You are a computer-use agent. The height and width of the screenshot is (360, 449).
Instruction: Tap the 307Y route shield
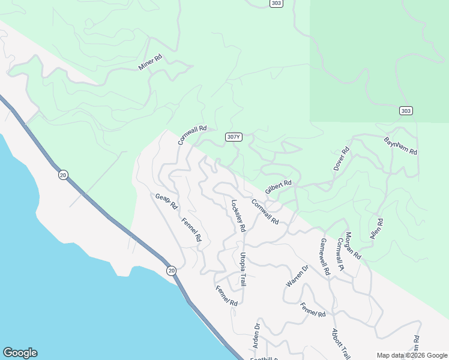234,137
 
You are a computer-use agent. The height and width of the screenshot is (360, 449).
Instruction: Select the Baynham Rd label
400,146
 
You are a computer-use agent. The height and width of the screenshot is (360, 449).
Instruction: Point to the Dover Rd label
341,159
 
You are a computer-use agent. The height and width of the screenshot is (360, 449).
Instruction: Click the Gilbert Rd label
278,187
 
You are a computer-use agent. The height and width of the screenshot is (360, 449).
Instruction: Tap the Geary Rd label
166,201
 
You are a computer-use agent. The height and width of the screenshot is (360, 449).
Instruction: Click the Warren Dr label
297,276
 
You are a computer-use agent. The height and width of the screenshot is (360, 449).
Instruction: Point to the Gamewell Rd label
325,257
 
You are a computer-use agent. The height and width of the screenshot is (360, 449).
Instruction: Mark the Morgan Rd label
353,245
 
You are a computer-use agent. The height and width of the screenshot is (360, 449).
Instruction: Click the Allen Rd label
376,229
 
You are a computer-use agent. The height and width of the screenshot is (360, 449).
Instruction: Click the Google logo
20,353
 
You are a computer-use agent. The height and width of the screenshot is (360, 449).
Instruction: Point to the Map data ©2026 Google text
411,355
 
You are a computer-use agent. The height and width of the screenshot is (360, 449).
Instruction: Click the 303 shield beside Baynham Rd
406,110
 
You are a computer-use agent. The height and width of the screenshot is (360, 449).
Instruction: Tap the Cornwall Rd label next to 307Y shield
192,135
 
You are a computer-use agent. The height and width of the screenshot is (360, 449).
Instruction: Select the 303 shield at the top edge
275,3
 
